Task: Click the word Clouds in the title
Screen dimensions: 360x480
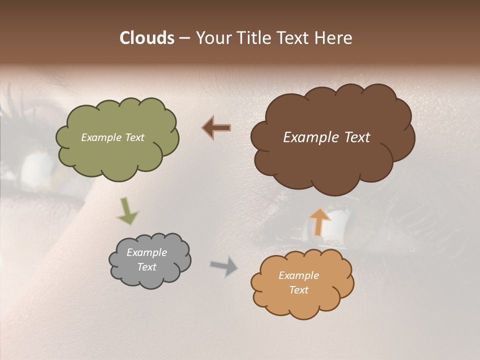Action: (x=146, y=38)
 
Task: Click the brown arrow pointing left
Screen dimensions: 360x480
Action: (x=216, y=128)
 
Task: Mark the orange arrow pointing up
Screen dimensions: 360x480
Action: (x=320, y=222)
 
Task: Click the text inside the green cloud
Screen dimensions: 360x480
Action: (x=112, y=137)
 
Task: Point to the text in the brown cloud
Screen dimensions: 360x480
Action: (x=326, y=137)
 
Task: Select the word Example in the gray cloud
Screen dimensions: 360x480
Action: (x=146, y=252)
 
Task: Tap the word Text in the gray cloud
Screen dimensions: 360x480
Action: (x=146, y=267)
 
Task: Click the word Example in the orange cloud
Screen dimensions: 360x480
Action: (x=298, y=275)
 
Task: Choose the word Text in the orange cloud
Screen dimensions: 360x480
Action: (x=298, y=290)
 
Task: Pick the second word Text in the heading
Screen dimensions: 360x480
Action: (x=293, y=38)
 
